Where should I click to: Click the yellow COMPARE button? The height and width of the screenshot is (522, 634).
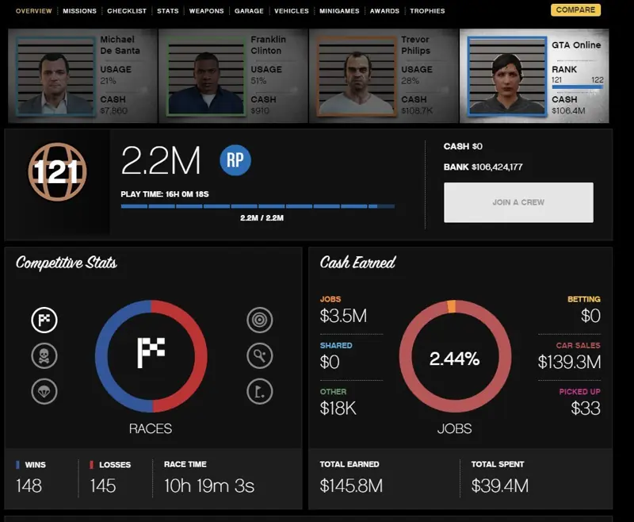(x=575, y=10)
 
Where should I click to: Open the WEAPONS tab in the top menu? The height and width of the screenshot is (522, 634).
(x=206, y=11)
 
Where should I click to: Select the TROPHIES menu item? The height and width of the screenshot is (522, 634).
(x=427, y=11)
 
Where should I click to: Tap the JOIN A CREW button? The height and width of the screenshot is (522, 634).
(x=518, y=202)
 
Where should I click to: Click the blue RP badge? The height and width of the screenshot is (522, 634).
(x=235, y=160)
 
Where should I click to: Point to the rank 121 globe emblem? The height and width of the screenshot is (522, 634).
(x=57, y=172)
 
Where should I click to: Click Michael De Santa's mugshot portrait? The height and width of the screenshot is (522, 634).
(x=55, y=76)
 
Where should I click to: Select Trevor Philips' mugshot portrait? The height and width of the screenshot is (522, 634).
(x=356, y=76)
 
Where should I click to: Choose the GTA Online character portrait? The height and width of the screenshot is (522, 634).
(x=507, y=76)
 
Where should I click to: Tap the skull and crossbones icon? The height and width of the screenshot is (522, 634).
(x=44, y=356)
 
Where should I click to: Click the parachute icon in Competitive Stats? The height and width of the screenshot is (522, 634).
(x=44, y=391)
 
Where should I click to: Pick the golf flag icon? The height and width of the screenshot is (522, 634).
(x=260, y=391)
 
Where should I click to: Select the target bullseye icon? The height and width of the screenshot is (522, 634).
(x=260, y=320)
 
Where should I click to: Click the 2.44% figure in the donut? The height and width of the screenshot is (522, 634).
(x=454, y=359)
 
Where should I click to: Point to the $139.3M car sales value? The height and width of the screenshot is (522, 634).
(x=569, y=362)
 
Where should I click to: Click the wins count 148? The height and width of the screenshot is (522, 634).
(x=29, y=486)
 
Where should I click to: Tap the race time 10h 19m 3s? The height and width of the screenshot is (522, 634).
(x=209, y=486)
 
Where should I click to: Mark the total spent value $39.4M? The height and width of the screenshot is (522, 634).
(x=500, y=486)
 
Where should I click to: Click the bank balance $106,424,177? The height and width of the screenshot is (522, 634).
(x=497, y=167)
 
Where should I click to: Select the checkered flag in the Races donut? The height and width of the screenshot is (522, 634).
(x=151, y=353)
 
